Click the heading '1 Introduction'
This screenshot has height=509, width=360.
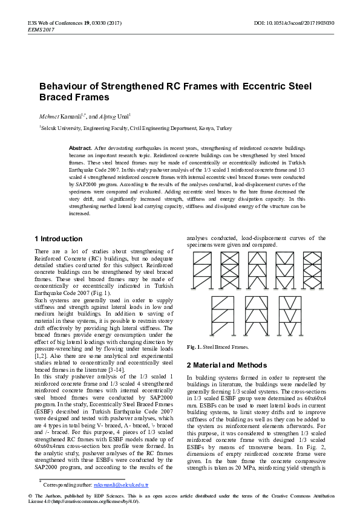point(58,239)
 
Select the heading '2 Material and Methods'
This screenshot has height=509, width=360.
point(226,365)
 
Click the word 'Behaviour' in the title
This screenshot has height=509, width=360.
point(67,86)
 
